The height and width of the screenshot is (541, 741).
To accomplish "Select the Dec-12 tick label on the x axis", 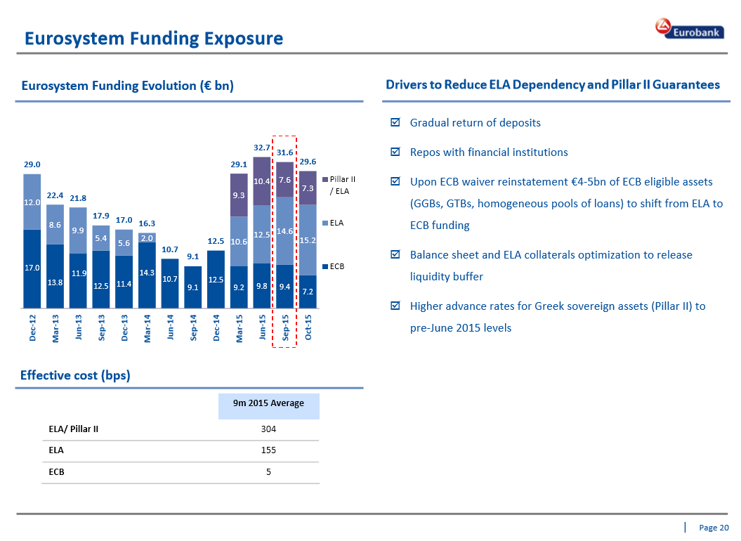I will click(33, 328).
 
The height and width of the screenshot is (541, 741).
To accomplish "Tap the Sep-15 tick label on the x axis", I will click(286, 328).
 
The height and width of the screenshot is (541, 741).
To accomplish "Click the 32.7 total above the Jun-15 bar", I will click(262, 148).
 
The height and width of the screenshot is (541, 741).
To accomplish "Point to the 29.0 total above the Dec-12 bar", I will click(32, 164).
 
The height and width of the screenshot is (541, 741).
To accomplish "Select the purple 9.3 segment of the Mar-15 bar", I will click(239, 195).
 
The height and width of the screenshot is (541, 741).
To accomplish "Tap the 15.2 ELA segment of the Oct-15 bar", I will click(308, 240).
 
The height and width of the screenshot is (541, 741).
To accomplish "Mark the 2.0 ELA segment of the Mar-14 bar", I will click(147, 237).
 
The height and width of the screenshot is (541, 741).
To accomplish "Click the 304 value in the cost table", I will click(268, 429).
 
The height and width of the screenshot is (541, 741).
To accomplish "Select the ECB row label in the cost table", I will click(56, 472).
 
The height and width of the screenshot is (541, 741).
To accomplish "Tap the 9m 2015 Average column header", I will click(269, 403).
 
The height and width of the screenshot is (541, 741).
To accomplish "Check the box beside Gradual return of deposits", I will click(395, 123).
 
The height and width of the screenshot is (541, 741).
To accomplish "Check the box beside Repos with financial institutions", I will click(395, 152).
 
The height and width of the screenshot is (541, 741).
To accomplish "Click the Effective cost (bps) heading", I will click(75, 375).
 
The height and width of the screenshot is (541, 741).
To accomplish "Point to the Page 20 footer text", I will click(714, 528).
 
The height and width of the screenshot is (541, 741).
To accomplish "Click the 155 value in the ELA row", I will click(268, 450).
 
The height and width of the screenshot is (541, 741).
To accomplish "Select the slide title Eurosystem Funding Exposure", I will click(154, 39).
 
